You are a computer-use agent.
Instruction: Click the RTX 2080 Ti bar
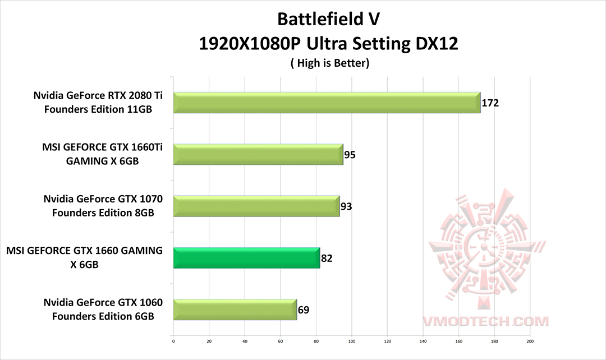[x=327, y=103]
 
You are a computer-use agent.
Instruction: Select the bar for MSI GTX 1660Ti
[x=258, y=154]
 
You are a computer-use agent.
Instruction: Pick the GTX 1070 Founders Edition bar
[x=256, y=206]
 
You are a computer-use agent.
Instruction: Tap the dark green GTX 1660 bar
[x=246, y=257]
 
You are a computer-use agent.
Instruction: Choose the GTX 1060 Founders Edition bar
[x=235, y=309]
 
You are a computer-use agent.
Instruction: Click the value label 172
[x=490, y=103]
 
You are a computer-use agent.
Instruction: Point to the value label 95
[x=350, y=155]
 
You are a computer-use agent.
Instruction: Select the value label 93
[x=346, y=206]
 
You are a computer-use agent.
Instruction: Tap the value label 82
[x=327, y=258]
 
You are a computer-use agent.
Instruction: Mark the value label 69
[x=303, y=310]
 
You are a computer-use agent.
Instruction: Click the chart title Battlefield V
[x=328, y=19]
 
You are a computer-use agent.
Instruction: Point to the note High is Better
[x=329, y=63]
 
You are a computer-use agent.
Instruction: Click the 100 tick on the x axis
[x=352, y=340]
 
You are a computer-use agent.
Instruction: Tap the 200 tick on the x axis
[x=530, y=340]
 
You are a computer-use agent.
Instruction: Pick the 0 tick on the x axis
[x=173, y=340]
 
